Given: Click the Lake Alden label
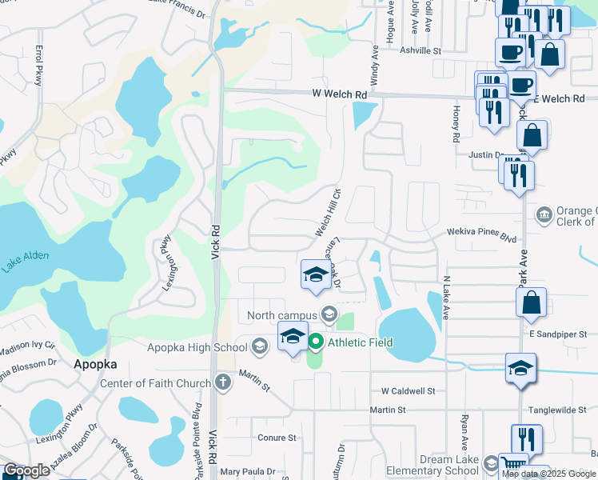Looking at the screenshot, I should click(x=25, y=261).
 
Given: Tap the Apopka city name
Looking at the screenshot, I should click(x=95, y=363).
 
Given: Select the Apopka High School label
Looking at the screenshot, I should click(x=197, y=347).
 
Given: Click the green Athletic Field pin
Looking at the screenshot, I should click(x=315, y=343).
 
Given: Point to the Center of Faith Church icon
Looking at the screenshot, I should click(x=222, y=383).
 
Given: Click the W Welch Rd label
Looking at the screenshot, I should click(x=339, y=94).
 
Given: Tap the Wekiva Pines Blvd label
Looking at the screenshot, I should click(x=481, y=234).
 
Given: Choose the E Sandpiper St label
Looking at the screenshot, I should click(x=557, y=333).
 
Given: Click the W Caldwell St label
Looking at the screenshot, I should click(x=408, y=391).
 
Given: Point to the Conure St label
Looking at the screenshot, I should click(x=277, y=438).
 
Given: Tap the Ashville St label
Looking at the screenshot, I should click(x=421, y=50).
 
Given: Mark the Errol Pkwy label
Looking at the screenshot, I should click(x=39, y=66).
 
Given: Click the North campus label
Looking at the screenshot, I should click(x=282, y=314).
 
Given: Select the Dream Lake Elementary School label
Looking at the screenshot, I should click(x=432, y=466).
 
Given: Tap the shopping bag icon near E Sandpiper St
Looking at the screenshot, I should click(x=531, y=303).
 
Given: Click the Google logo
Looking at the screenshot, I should click(x=26, y=470).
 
